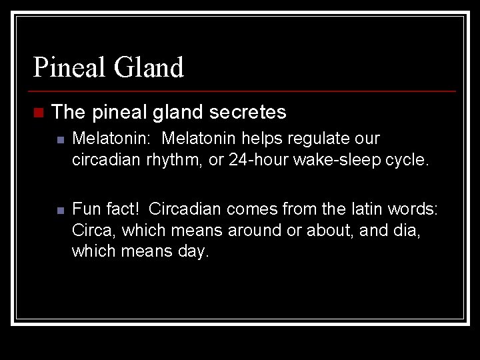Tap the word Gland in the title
pyautogui.click(x=149, y=67)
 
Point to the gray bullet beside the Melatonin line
pyautogui.click(x=59, y=139)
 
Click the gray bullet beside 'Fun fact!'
pyautogui.click(x=59, y=209)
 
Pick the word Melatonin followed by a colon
pyautogui.click(x=113, y=139)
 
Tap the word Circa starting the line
pyautogui.click(x=90, y=230)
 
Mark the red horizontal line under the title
pyautogui.click(x=244, y=91)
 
